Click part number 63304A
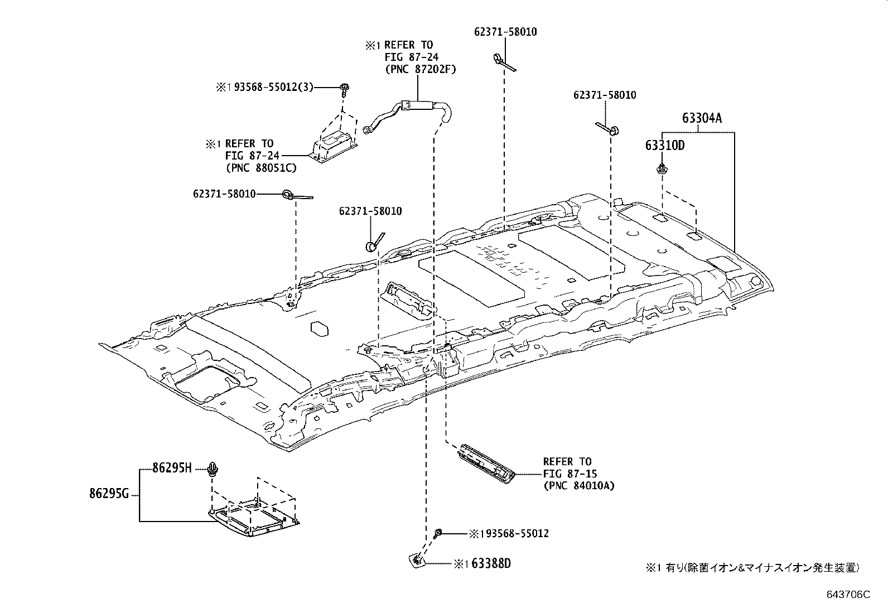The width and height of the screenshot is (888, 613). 701,118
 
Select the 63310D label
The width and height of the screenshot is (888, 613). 664,146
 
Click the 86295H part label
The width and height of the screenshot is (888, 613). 172,469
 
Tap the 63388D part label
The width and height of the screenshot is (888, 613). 491,564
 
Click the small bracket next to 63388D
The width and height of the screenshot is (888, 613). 416,560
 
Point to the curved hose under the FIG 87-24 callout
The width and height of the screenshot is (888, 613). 410,112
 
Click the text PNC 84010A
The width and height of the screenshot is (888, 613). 578,485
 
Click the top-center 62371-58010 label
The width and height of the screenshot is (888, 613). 505,32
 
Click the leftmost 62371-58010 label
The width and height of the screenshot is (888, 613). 224,194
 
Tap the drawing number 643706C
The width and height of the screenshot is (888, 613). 848,595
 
